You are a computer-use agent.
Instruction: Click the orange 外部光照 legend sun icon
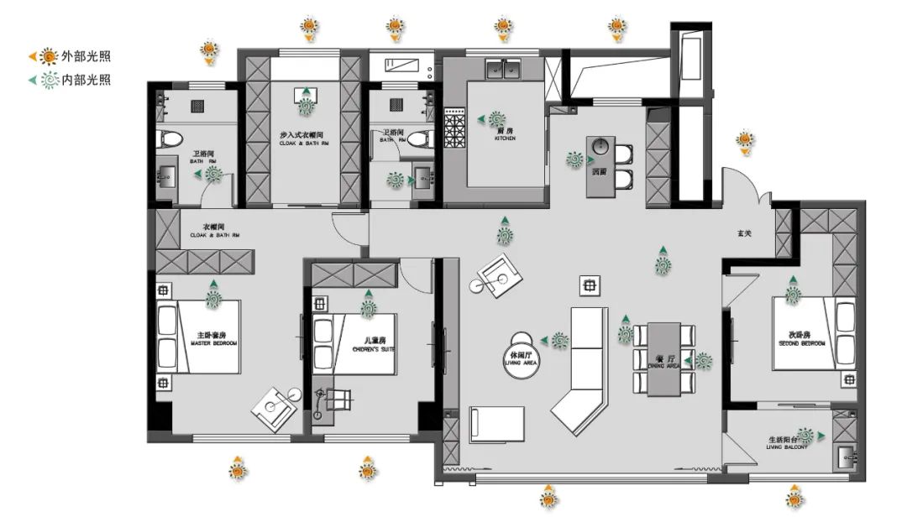(x=50, y=57)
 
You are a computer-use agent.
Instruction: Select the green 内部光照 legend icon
(x=50, y=81)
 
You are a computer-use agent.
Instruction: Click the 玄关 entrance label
(x=744, y=233)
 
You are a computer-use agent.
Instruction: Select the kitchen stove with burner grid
(x=454, y=132)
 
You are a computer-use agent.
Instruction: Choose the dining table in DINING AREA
(x=665, y=358)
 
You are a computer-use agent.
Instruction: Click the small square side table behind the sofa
(x=590, y=285)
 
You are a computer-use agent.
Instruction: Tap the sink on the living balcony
(x=846, y=458)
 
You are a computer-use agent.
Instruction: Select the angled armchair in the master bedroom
(x=275, y=410)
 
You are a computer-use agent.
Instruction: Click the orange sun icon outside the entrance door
(x=745, y=140)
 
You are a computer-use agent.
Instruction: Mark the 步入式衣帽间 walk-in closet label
(x=301, y=137)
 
